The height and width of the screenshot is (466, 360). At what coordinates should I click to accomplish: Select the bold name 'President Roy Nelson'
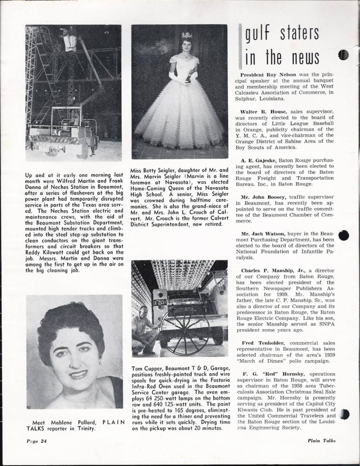[265, 74]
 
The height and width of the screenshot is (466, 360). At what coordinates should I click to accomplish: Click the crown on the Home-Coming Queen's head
[186, 35]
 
